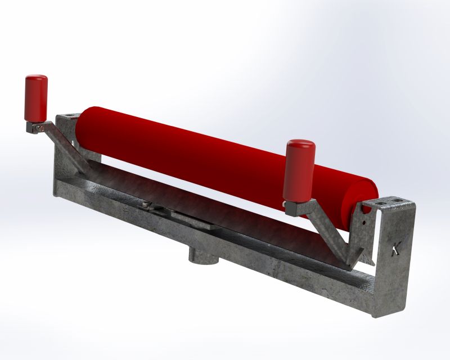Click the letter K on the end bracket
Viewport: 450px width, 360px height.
click(397, 248)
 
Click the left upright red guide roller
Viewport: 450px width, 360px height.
click(36, 98)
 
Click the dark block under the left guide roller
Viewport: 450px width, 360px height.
click(31, 127)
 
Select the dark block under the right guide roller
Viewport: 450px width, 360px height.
click(292, 209)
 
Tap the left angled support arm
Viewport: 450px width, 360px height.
click(66, 146)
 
